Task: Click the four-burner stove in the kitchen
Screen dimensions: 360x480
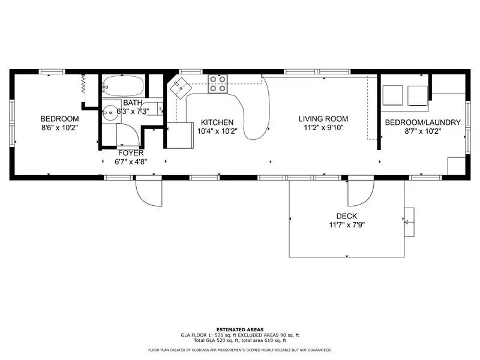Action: point(218,85)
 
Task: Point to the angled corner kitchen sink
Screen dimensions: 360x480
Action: point(180,89)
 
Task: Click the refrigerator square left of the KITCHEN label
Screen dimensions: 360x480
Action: point(178,135)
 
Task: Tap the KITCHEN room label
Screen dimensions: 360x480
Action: point(217,122)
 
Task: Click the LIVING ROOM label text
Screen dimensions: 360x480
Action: point(323,119)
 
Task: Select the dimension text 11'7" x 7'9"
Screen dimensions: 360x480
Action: point(347,225)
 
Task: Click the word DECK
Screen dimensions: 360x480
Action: point(347,216)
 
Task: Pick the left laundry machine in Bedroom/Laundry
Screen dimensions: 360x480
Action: point(393,95)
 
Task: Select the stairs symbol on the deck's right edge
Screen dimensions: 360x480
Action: point(409,222)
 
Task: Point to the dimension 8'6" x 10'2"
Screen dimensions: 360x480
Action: point(59,128)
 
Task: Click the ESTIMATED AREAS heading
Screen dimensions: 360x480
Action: point(239,329)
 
